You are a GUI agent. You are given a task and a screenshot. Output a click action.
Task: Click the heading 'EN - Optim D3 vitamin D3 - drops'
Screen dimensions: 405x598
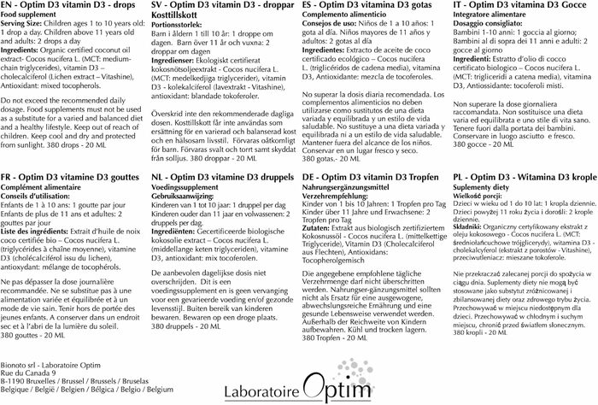(73, 6)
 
